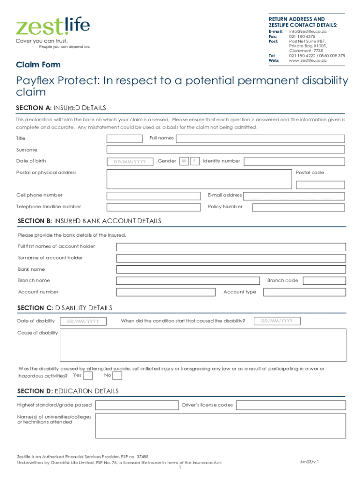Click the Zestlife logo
53,27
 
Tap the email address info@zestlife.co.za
308,31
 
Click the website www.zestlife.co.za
308,60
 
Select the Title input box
124,138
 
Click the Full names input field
260,138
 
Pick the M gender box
184,161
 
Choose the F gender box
195,161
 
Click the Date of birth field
130,162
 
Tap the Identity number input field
294,161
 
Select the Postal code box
320,185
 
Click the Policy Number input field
298,207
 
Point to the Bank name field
231,269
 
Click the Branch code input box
324,281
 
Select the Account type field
304,292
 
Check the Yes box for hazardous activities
87,376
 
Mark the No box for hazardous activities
117,376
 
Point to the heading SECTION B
89,221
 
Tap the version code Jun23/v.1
310,462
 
